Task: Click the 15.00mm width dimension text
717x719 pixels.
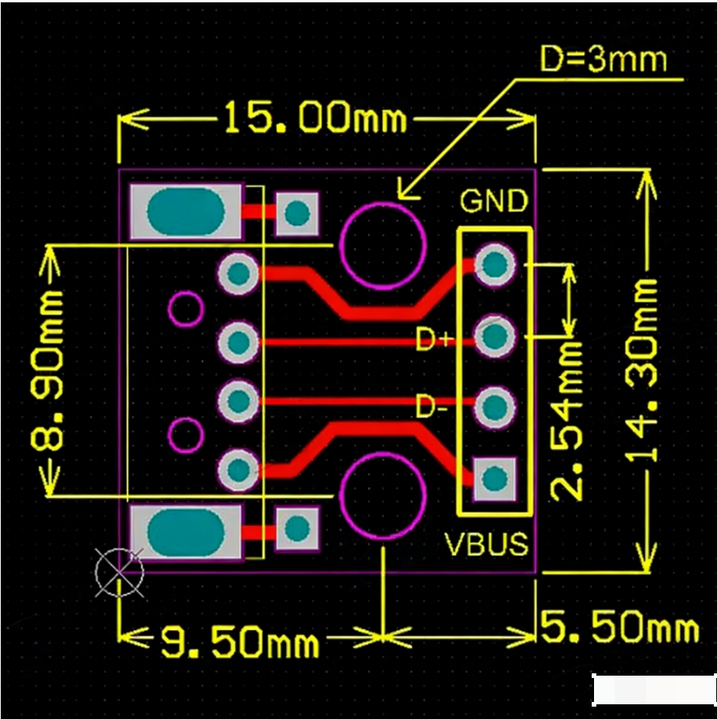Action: tap(315, 119)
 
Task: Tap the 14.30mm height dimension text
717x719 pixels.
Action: tap(644, 371)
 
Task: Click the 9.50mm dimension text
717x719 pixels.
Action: tap(240, 642)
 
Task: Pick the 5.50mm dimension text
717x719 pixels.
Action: tap(620, 627)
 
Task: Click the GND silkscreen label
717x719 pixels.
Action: tap(493, 201)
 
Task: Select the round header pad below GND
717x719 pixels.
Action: tap(494, 265)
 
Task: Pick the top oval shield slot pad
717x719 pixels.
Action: tap(186, 211)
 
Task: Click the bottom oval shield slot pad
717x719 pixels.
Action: tap(186, 532)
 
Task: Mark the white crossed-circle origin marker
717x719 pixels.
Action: tap(119, 573)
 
